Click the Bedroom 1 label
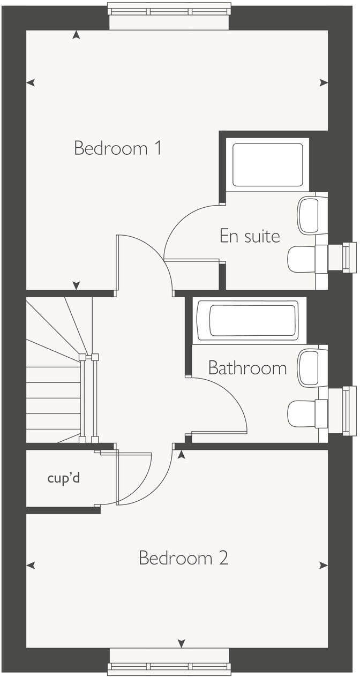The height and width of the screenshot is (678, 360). (x=118, y=148)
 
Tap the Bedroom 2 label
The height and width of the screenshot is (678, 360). (x=183, y=558)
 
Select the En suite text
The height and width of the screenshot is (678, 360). (x=250, y=236)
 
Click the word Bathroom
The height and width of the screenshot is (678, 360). (x=247, y=368)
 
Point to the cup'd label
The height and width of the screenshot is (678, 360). (x=63, y=478)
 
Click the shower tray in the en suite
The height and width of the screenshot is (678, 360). (x=267, y=164)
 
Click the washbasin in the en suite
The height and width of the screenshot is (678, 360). (x=312, y=215)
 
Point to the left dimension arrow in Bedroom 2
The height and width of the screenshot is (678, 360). (x=31, y=565)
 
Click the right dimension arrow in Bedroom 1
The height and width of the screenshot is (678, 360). (x=324, y=82)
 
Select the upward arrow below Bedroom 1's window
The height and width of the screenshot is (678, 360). (x=77, y=35)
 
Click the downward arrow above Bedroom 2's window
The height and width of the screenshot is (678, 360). (x=181, y=643)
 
